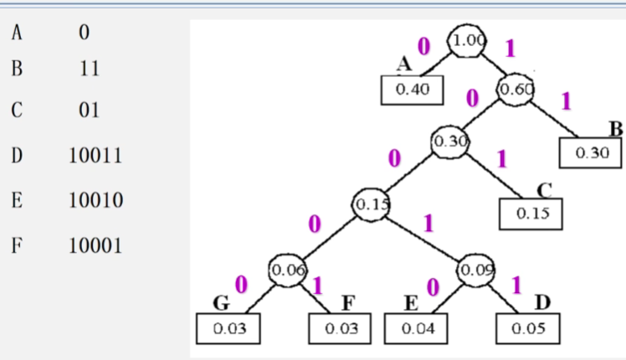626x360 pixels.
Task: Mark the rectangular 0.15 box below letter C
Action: [x=531, y=213]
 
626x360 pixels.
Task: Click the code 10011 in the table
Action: [x=95, y=156]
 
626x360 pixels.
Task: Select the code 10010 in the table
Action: [x=95, y=201]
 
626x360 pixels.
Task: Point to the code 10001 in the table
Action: [x=95, y=246]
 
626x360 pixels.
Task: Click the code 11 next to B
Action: [x=89, y=69]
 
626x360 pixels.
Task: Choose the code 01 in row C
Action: [x=89, y=111]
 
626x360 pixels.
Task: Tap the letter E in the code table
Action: [x=17, y=201]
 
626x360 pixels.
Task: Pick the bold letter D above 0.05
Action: [x=541, y=301]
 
